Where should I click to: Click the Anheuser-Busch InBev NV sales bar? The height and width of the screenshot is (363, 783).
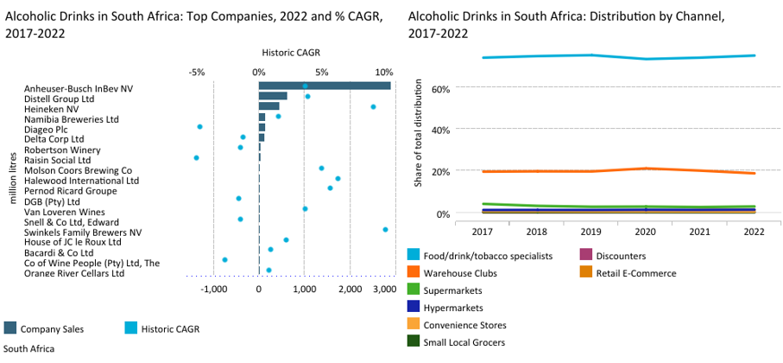coord(325,86)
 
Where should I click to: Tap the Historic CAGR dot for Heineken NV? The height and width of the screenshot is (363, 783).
coord(373,106)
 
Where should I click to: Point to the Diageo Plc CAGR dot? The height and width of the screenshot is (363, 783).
coord(199,126)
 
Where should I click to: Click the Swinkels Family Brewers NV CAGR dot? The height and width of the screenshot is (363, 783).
coord(385,229)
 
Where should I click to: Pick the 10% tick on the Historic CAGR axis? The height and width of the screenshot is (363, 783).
coord(384,72)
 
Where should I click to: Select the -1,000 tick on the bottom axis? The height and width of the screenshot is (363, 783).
coord(213,290)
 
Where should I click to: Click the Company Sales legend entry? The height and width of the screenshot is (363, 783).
coord(48,328)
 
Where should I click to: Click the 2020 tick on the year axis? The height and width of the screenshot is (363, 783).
coord(646,232)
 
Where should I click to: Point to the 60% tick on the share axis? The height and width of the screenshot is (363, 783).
coord(439,88)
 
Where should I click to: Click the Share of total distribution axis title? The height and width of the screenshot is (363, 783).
coord(419,133)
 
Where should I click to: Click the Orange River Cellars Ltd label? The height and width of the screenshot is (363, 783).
coord(75,273)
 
